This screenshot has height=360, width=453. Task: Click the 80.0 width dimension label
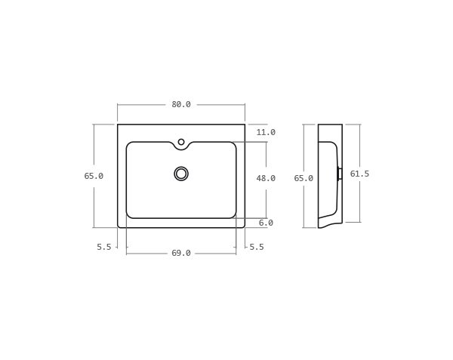tap(181, 105)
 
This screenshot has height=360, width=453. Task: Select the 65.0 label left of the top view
tap(94, 176)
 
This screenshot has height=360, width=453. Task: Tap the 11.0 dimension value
tap(266, 133)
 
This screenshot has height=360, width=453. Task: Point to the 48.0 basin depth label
tap(266, 179)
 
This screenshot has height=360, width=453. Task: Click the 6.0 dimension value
tap(266, 223)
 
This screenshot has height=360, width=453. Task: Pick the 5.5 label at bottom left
tap(104, 247)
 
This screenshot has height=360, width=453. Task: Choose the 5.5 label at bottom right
tap(257, 247)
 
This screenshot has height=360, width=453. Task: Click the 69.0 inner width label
tap(181, 254)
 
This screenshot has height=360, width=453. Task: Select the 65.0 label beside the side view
tap(304, 179)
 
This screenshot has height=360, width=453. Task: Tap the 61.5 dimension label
tap(359, 174)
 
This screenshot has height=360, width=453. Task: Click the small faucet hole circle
tap(181, 142)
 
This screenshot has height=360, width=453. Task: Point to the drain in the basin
tap(181, 174)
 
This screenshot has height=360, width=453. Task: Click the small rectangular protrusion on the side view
tap(340, 174)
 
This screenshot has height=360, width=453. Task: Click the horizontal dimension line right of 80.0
tap(219, 105)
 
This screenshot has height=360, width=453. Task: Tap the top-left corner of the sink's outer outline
tap(118, 125)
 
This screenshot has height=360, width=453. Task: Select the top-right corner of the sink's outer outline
tap(245, 125)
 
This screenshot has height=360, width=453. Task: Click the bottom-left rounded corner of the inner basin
tap(128, 216)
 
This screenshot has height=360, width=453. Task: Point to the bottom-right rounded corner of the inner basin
tap(234, 216)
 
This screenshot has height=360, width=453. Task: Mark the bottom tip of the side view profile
tap(319, 227)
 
